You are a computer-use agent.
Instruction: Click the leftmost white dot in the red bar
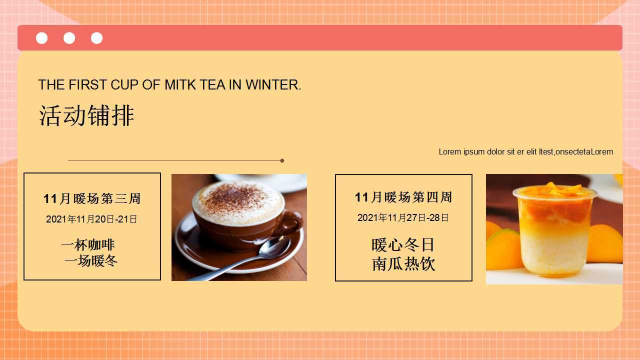pos(41,38)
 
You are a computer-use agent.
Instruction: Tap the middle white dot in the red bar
pos(69,38)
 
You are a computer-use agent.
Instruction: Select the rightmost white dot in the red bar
pos(96,38)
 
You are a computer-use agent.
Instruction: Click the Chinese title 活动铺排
pos(86,115)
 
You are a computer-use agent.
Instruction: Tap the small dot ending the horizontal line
pos(282,160)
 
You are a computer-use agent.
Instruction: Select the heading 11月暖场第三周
pos(92,198)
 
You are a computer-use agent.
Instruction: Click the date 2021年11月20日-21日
pos(91,219)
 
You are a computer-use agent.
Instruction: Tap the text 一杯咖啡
pos(88,245)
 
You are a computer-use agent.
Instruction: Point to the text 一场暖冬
pos(91,261)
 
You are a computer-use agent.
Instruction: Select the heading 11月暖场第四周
pos(403,197)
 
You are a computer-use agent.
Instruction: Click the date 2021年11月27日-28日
pos(403,217)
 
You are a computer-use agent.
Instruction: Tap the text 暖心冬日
pos(403,245)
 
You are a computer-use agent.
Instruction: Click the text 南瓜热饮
pos(403,263)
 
